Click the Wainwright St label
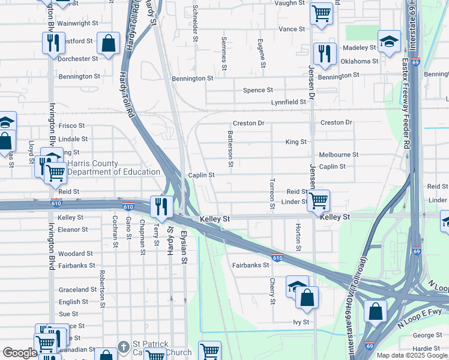78,23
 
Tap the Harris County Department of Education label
113,167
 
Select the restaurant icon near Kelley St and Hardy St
161,206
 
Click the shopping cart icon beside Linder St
319,199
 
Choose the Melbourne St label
339,154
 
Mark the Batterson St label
231,150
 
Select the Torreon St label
272,193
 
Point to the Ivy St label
301,322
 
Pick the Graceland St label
78,290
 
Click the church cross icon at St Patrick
123,347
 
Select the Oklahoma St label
359,61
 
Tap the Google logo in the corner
20,353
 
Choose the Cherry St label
273,290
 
